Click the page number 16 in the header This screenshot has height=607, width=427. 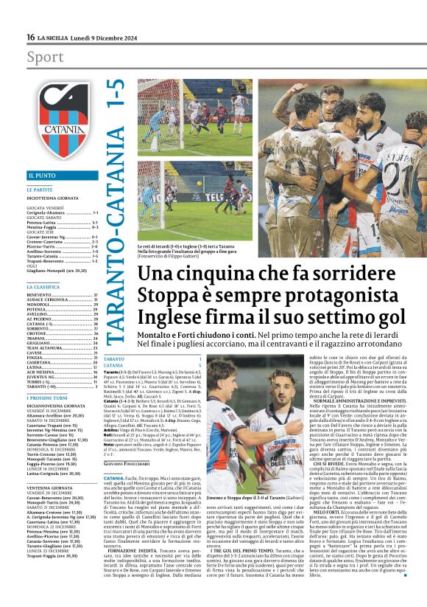[30, 37]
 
